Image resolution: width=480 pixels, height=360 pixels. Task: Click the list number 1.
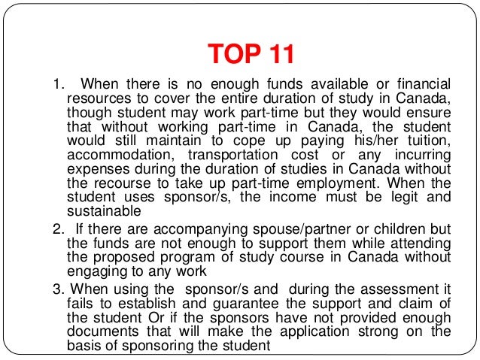[53, 83]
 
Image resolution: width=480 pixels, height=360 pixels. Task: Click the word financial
[417, 83]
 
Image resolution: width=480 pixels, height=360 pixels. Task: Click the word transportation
[240, 156]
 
